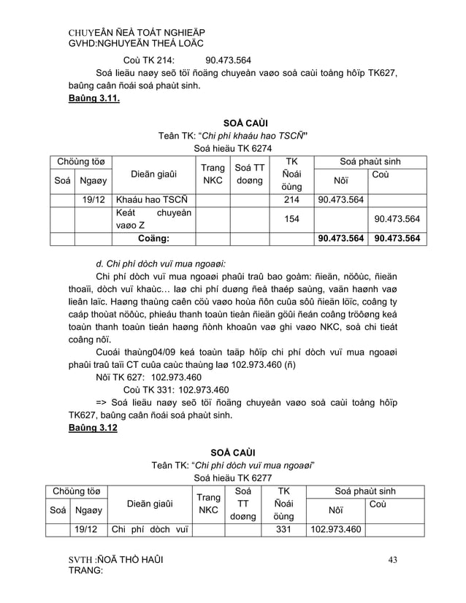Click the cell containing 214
[x=291, y=199]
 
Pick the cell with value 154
[x=291, y=219]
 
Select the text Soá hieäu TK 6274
[x=233, y=147]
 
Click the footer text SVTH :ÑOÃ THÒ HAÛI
[x=115, y=561]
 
